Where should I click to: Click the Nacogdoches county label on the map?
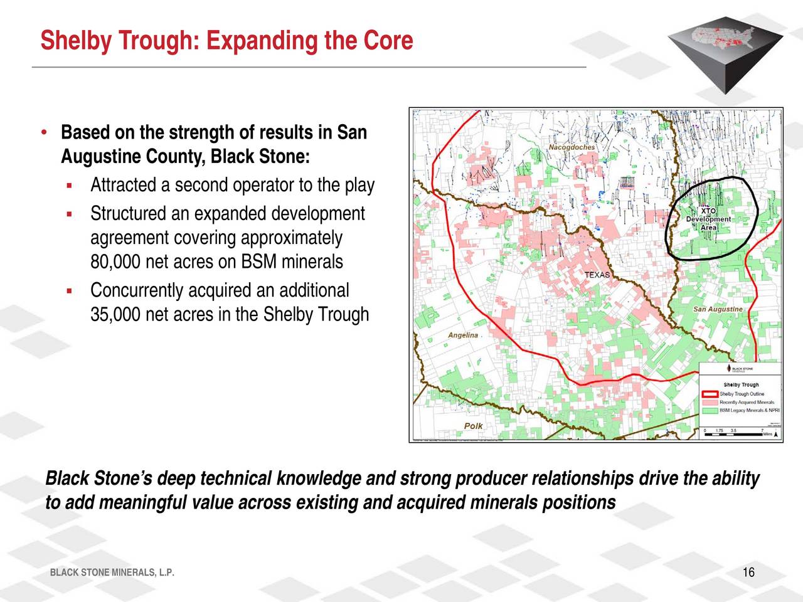(x=572, y=147)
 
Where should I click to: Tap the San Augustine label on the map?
(x=718, y=309)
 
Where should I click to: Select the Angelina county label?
(x=463, y=335)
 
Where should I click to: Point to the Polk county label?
(x=473, y=426)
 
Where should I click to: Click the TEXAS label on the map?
(x=597, y=275)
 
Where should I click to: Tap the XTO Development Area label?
(x=708, y=219)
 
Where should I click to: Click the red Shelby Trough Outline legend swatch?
(x=710, y=394)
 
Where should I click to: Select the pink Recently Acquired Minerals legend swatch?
(x=710, y=402)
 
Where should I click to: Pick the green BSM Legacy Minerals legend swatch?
(x=710, y=410)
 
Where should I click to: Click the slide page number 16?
(x=748, y=573)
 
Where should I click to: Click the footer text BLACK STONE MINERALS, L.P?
(x=112, y=573)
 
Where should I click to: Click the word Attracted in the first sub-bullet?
(x=123, y=186)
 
